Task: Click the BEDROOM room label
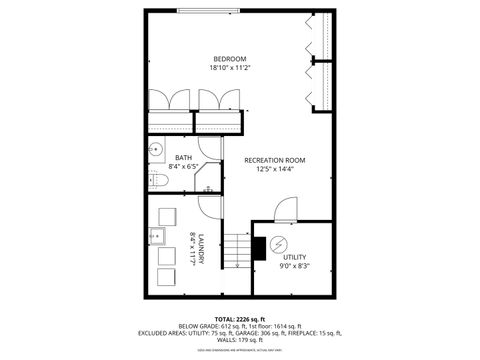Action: tap(229, 58)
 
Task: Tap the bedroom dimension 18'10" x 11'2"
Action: tap(229, 68)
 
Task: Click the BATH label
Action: tap(184, 157)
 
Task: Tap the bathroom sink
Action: tap(155, 151)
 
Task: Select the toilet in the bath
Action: tap(155, 181)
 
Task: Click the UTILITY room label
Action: tap(295, 257)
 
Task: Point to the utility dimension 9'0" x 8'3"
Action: tap(295, 266)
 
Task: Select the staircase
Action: tap(234, 249)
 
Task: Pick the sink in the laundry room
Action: tap(158, 237)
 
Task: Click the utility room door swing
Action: tap(284, 208)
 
